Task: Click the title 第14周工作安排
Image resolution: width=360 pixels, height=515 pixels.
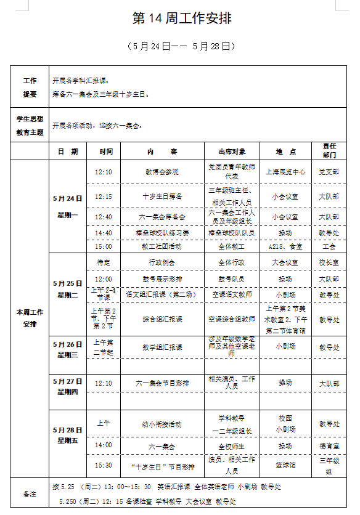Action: (182, 19)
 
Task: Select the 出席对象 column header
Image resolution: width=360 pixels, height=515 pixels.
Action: (232, 151)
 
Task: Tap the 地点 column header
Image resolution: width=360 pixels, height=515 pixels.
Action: (285, 151)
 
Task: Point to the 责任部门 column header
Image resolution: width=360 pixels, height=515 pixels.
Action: (329, 151)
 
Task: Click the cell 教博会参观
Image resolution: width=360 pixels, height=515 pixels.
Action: (162, 172)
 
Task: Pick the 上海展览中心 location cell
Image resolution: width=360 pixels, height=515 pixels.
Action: (285, 172)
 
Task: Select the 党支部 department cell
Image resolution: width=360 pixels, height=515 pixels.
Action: (329, 172)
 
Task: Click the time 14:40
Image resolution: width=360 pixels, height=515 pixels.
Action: (104, 233)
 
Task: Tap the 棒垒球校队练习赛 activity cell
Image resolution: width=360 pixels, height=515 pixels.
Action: (162, 233)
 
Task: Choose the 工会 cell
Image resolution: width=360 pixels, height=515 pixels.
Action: (329, 246)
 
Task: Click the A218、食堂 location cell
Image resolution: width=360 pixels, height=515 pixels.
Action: (285, 246)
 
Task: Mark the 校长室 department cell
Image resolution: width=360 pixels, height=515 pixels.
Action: (329, 262)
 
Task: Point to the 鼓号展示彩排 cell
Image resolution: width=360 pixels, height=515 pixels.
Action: (162, 279)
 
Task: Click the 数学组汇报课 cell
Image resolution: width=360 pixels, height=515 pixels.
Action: (162, 347)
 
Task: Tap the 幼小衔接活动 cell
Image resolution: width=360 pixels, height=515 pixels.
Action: (162, 424)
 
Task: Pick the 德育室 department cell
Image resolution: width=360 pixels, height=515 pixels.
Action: (329, 445)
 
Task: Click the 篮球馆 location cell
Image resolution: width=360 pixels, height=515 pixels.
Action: (285, 465)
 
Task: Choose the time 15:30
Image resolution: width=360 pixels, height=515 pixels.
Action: (104, 465)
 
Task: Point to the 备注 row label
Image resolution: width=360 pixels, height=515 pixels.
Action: (30, 494)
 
